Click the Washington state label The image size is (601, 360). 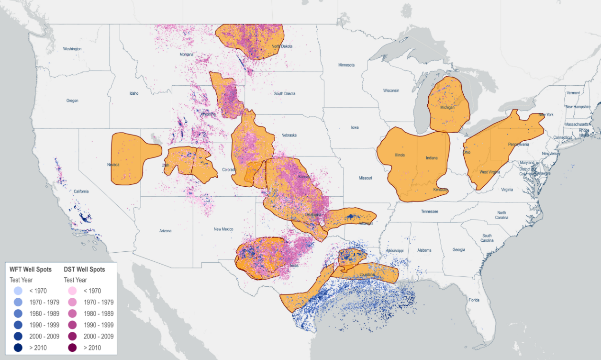(72, 49)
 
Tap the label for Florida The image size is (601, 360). (474, 300)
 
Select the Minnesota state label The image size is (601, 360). (346, 65)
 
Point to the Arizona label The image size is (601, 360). (165, 231)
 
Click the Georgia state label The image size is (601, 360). (458, 250)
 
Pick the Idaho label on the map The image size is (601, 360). (134, 93)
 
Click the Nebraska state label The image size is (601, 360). (289, 135)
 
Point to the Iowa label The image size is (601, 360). (355, 128)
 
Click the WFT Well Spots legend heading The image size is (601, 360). (31, 270)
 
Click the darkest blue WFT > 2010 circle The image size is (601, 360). (18, 348)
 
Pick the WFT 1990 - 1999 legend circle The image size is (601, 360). (18, 325)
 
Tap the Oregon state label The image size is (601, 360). (72, 101)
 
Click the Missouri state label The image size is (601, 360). (365, 178)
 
